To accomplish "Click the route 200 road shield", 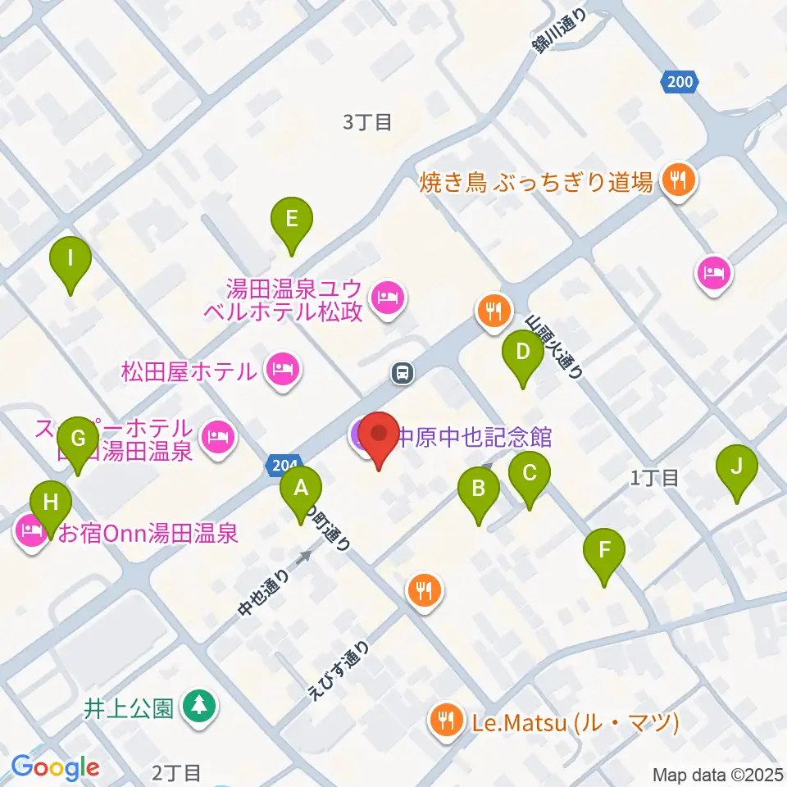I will pyautogui.click(x=679, y=81).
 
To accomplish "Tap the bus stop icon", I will pyautogui.click(x=402, y=374).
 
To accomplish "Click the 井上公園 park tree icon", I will pyautogui.click(x=198, y=706).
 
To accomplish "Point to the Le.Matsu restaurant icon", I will pyautogui.click(x=447, y=721).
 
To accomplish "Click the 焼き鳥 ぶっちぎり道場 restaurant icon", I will pyautogui.click(x=677, y=180).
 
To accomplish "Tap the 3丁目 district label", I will pyautogui.click(x=367, y=123).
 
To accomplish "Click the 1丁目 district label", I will pyautogui.click(x=656, y=478).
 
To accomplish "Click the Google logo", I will pyautogui.click(x=55, y=767).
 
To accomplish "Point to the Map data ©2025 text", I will pyautogui.click(x=716, y=774).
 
